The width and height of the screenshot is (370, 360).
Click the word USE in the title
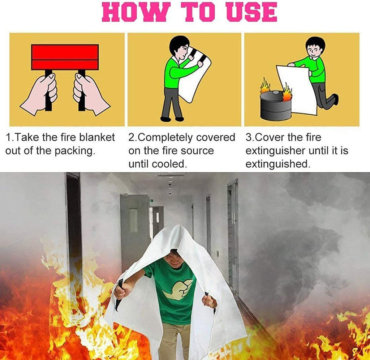coord(252,13)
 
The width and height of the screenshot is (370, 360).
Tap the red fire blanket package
coord(65,57)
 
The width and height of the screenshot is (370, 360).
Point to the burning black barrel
coord(276,106)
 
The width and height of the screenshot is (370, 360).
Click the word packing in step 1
coord(75,151)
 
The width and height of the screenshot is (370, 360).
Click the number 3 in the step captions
coord(249,138)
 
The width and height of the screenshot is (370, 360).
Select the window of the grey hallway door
coord(134,220)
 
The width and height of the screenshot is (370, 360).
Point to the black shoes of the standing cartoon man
coord(172,119)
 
